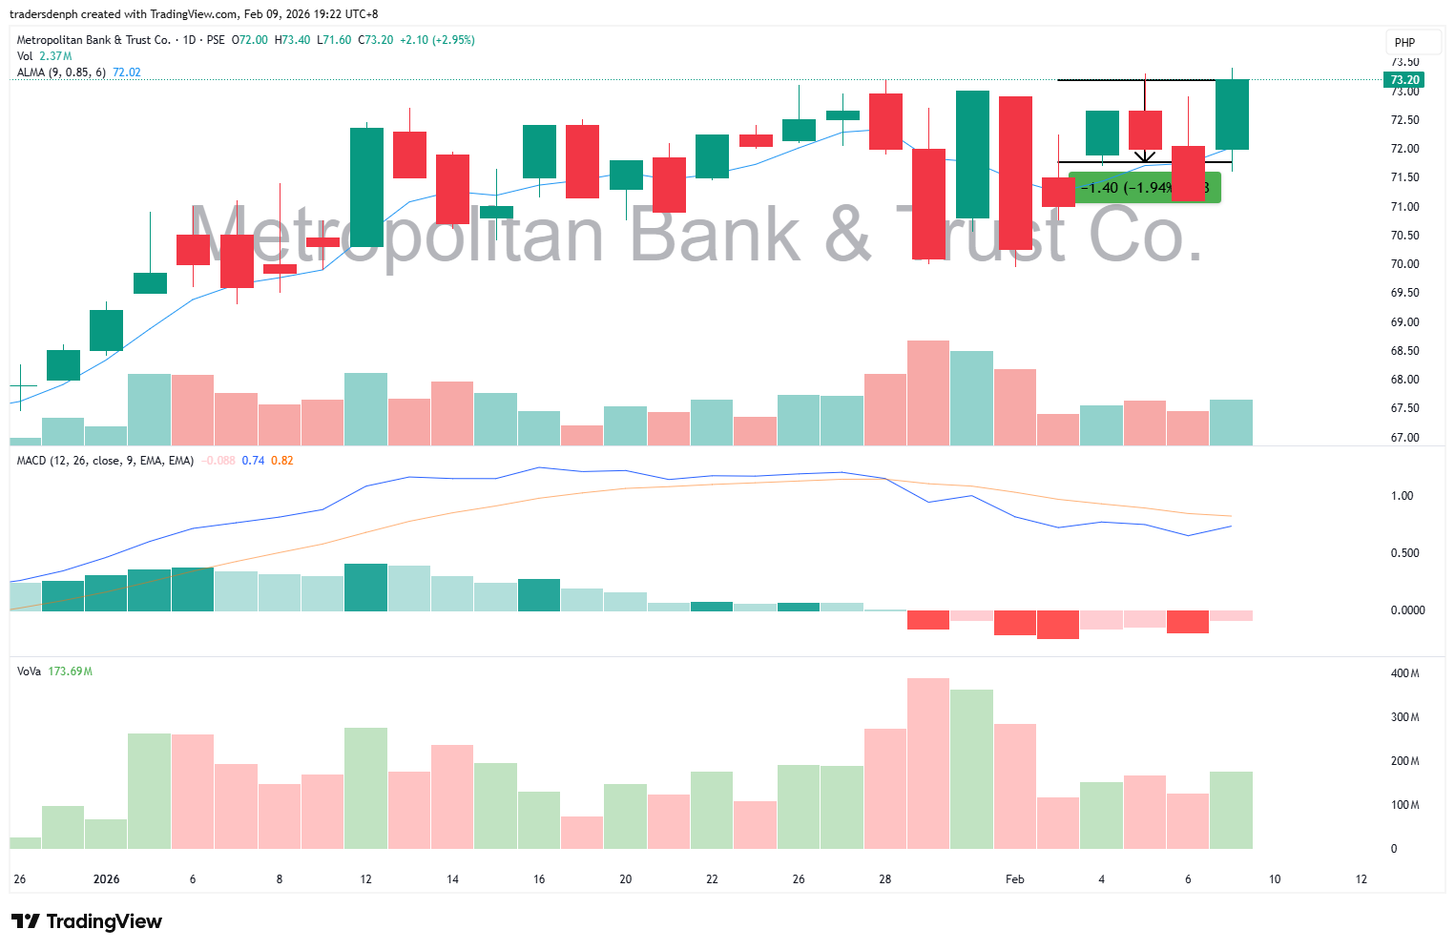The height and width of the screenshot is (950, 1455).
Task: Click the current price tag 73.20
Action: [1404, 80]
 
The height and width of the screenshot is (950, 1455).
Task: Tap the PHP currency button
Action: [1404, 42]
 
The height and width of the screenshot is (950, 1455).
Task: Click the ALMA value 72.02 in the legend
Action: [127, 72]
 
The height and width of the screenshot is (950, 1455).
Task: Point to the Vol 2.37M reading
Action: [55, 56]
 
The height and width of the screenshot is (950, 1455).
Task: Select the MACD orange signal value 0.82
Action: [282, 461]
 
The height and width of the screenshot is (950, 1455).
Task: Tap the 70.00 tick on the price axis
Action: [1404, 264]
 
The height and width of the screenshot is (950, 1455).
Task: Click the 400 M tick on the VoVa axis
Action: [1404, 673]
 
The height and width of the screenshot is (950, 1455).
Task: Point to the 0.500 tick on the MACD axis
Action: [1403, 553]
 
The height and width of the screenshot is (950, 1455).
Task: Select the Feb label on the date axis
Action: [1015, 879]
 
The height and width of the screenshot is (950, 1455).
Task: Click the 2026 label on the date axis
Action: [106, 879]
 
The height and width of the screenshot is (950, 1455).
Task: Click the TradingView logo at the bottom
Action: [87, 921]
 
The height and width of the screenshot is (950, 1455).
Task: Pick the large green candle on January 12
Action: [366, 187]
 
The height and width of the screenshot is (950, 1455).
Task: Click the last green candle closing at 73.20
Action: [1232, 114]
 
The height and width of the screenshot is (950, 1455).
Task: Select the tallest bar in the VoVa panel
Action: [928, 763]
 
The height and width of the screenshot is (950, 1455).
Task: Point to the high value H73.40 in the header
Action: [292, 40]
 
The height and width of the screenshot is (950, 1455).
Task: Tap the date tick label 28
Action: [885, 879]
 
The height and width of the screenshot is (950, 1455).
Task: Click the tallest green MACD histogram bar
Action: [366, 588]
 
